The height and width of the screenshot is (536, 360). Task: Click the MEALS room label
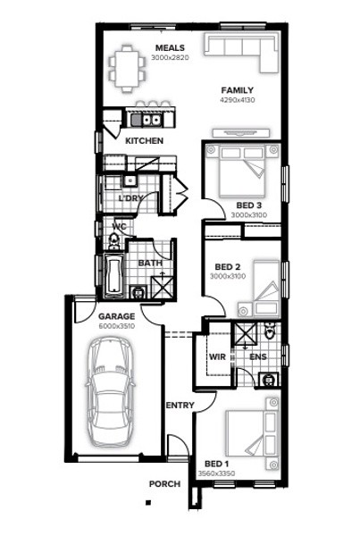click(x=170, y=48)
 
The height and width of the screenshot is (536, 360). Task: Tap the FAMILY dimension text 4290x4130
click(x=238, y=100)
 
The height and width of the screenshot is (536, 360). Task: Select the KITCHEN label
click(x=145, y=140)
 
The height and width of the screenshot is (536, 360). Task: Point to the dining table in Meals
click(x=127, y=69)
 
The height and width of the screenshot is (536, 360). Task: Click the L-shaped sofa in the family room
click(x=240, y=53)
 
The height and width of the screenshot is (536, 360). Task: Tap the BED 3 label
click(x=249, y=205)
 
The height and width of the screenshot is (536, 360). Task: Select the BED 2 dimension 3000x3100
click(x=228, y=276)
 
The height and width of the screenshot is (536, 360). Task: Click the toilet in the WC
click(x=113, y=240)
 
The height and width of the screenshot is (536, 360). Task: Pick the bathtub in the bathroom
click(x=113, y=275)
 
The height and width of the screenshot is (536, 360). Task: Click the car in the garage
click(x=110, y=391)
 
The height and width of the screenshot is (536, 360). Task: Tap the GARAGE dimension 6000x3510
click(x=117, y=326)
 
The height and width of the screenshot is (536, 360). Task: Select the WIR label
click(x=217, y=356)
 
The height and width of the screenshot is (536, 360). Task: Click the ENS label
click(x=258, y=356)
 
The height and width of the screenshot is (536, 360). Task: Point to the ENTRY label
click(x=180, y=406)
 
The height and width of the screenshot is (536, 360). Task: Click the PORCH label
click(x=164, y=484)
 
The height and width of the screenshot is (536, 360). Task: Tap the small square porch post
click(x=148, y=502)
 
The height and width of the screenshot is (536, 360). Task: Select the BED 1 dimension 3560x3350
click(x=216, y=473)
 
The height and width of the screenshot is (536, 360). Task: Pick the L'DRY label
click(x=130, y=198)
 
